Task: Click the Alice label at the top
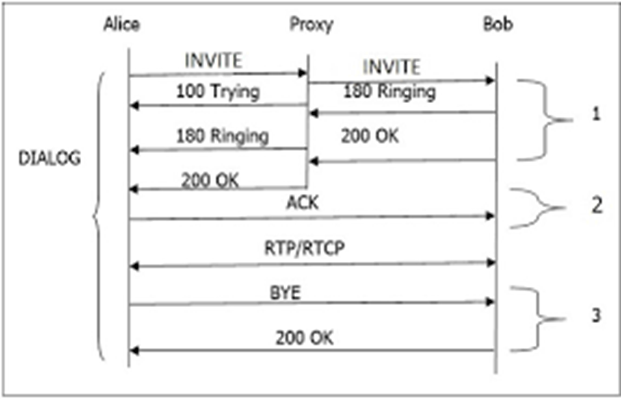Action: (x=122, y=24)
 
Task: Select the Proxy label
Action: (x=311, y=25)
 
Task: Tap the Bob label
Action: (x=498, y=24)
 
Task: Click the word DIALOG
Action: (x=50, y=158)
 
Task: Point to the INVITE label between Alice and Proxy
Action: (x=214, y=60)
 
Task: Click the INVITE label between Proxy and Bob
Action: (x=392, y=67)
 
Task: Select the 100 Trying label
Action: (x=218, y=92)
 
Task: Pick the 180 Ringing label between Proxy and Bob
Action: (x=389, y=92)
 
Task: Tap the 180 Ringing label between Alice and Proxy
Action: (x=223, y=136)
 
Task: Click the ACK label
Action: (x=302, y=202)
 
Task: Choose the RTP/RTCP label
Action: (x=305, y=248)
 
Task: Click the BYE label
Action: (x=285, y=292)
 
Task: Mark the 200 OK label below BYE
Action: (x=304, y=338)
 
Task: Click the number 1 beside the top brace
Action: (x=596, y=114)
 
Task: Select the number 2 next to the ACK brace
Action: (x=597, y=205)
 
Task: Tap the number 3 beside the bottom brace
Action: (x=596, y=315)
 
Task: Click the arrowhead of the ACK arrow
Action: (x=490, y=216)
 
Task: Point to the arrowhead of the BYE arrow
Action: (x=490, y=302)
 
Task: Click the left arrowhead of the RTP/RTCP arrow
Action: (x=134, y=266)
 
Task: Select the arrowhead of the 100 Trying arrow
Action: (x=134, y=106)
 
